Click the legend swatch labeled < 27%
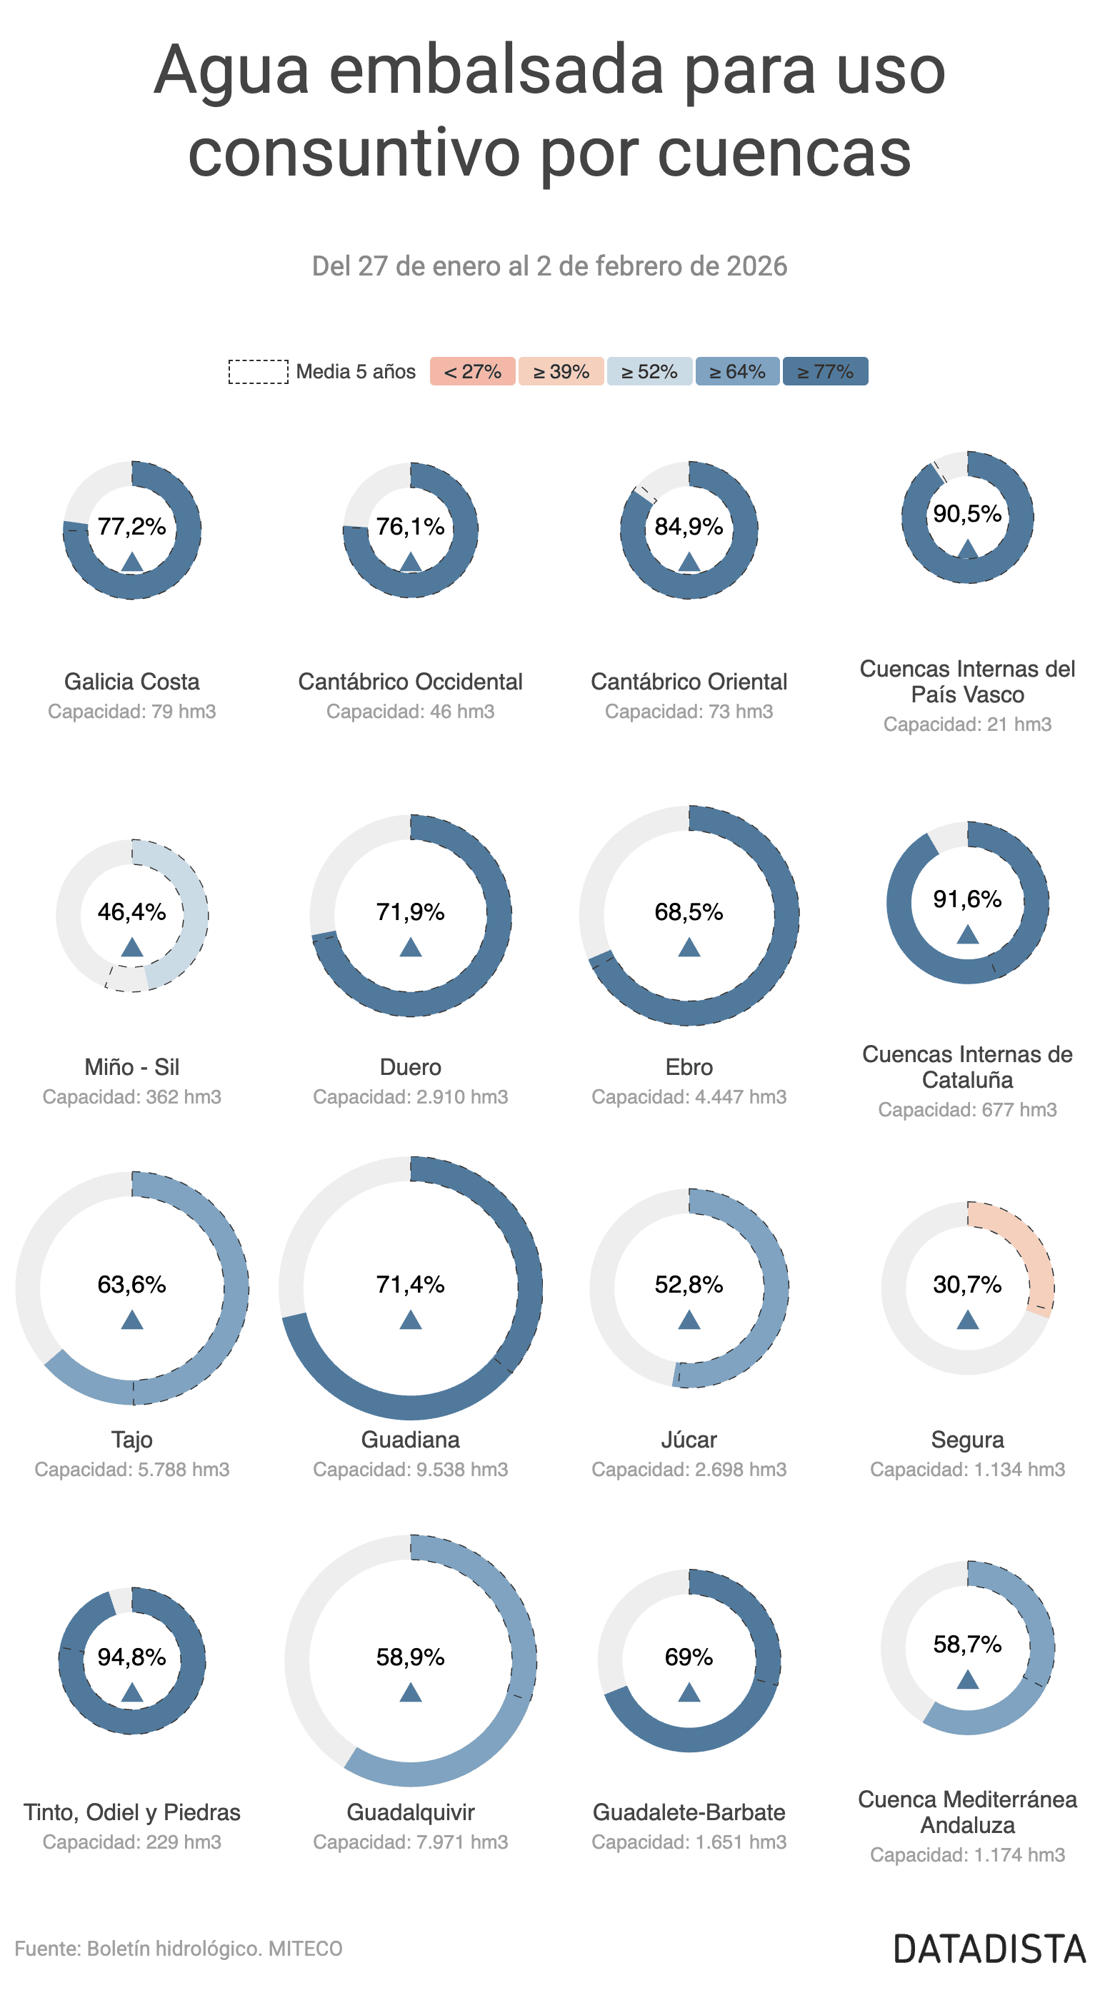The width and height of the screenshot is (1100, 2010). (471, 371)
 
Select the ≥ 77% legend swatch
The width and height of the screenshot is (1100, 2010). (824, 371)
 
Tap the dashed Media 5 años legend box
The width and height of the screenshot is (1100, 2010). (258, 371)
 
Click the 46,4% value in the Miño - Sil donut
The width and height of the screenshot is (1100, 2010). (132, 911)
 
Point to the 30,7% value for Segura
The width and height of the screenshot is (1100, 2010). (967, 1284)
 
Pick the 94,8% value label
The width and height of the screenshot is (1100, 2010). (132, 1657)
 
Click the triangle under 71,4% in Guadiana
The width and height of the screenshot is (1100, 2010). (411, 1320)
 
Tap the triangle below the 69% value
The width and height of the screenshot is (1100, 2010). (689, 1692)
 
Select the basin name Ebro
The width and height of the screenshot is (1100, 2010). (689, 1066)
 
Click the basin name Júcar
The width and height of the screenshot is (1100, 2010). (689, 1440)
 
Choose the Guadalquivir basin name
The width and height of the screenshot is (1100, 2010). (411, 1812)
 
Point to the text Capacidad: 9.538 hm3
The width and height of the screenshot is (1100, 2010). (411, 1469)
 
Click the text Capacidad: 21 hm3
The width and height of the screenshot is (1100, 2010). (967, 724)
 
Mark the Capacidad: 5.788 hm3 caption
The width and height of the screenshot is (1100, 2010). (132, 1469)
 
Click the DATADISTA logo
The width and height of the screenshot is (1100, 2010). (989, 1949)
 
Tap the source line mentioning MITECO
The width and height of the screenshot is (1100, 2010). (179, 1949)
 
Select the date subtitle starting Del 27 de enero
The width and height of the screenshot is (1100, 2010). (549, 266)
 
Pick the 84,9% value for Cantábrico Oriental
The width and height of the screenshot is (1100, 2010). (689, 527)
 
